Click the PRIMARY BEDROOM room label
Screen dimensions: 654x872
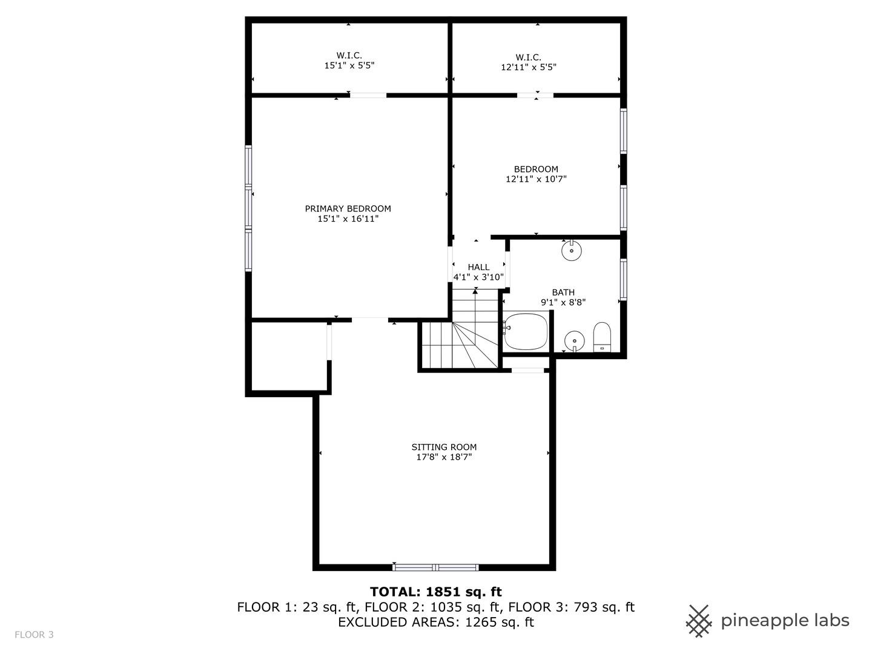pyautogui.click(x=348, y=208)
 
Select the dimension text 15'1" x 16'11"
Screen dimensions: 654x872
pyautogui.click(x=348, y=219)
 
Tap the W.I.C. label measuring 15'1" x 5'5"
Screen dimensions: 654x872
pyautogui.click(x=349, y=56)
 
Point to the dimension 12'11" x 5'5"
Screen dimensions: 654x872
pyautogui.click(x=528, y=67)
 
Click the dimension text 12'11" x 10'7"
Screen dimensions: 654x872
pyautogui.click(x=536, y=179)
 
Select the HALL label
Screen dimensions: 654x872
pyautogui.click(x=478, y=267)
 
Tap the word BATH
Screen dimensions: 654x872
pyautogui.click(x=563, y=292)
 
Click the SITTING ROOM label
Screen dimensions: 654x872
pyautogui.click(x=444, y=447)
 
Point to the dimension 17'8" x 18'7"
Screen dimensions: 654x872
pyautogui.click(x=444, y=457)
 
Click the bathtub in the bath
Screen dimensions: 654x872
pyautogui.click(x=526, y=331)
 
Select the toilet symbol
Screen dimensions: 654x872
pyautogui.click(x=602, y=337)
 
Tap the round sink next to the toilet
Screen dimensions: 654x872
pyautogui.click(x=574, y=341)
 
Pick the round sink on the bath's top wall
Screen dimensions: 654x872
pyautogui.click(x=571, y=251)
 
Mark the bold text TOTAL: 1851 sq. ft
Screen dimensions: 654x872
pyautogui.click(x=435, y=592)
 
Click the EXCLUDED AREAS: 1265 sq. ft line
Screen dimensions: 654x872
pyautogui.click(x=435, y=623)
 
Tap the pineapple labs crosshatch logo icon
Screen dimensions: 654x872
pyautogui.click(x=699, y=621)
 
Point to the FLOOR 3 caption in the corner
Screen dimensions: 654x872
pyautogui.click(x=34, y=635)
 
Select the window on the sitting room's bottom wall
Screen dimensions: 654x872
pyautogui.click(x=435, y=567)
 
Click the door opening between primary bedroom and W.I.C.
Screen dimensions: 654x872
pyautogui.click(x=368, y=95)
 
